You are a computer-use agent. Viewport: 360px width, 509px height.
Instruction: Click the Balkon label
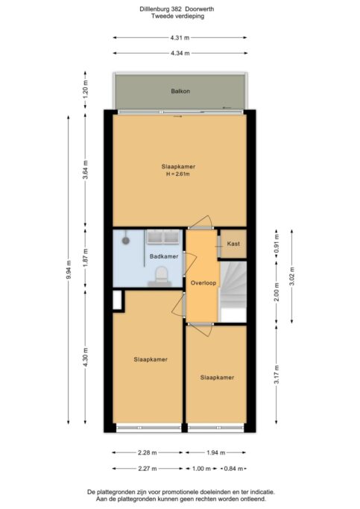pos(180,91)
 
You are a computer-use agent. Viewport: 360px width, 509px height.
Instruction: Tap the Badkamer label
pos(164,256)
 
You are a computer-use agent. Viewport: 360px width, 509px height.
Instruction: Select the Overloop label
pos(203,282)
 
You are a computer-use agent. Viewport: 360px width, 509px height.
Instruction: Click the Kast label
pos(233,244)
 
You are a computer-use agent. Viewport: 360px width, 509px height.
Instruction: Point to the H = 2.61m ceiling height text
pos(178,174)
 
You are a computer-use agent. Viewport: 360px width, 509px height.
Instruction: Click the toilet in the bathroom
pos(161,276)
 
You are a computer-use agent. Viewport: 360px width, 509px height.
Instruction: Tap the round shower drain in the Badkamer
pos(126,241)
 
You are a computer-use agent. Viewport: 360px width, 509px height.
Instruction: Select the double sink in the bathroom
pos(163,237)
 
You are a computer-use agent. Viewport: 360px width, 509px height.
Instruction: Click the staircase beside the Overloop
pos(233,291)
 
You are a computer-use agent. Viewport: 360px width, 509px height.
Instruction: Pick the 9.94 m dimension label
pos(69,270)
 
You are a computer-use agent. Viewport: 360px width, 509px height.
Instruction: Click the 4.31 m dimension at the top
pos(180,38)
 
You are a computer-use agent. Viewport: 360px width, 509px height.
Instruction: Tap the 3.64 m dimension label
pos(86,170)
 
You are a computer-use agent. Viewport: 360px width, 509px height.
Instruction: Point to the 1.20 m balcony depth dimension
pos(86,90)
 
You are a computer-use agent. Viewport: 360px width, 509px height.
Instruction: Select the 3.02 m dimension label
pos(292,276)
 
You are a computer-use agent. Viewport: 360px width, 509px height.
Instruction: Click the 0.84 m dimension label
pos(233,469)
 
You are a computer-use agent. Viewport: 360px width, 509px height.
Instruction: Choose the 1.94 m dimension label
pos(215,452)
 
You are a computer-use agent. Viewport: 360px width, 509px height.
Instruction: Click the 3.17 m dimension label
pos(277,374)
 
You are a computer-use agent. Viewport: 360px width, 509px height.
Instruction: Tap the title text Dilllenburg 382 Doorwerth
pos(177,9)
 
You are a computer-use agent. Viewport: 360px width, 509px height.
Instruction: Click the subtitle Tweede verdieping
pos(177,16)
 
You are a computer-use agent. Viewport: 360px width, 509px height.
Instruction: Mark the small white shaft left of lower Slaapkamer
pos(117,300)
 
